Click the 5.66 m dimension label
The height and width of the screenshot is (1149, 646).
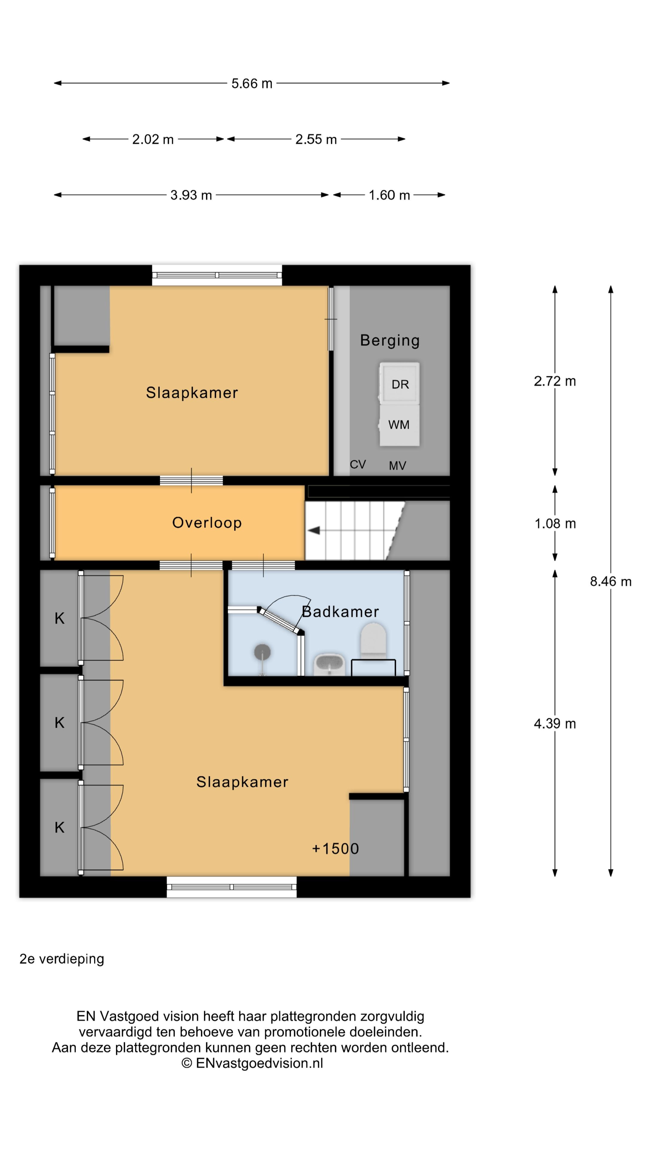(x=252, y=83)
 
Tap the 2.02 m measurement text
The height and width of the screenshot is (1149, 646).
(x=153, y=139)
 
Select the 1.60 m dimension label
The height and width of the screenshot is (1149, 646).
(x=389, y=195)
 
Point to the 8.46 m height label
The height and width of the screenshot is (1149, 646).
(x=610, y=581)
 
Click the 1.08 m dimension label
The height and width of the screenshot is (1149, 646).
(x=555, y=523)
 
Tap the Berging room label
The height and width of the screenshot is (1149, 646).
(x=390, y=340)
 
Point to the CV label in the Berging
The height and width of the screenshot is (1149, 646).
(x=358, y=464)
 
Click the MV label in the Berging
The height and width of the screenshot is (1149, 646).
(x=397, y=466)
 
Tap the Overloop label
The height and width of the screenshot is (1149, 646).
(x=207, y=522)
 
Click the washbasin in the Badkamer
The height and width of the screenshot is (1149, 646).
(x=330, y=665)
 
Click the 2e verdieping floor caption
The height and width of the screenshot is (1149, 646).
(x=62, y=959)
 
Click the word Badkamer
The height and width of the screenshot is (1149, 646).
(x=340, y=612)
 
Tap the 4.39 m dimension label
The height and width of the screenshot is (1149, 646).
(x=555, y=724)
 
